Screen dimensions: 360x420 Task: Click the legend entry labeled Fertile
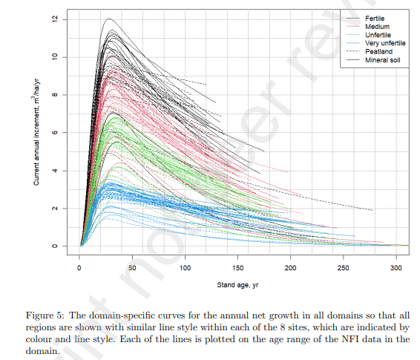[x=375, y=17]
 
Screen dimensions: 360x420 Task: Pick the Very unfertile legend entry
[x=384, y=44]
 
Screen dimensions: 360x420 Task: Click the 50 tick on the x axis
[x=132, y=266]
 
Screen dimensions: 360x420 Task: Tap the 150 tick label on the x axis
[x=238, y=266]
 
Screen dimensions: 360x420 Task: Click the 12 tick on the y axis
[x=55, y=19]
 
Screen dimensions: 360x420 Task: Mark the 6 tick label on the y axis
[x=55, y=133]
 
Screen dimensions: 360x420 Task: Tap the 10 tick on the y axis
[x=55, y=57]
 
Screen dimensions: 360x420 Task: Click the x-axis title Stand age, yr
[x=237, y=284]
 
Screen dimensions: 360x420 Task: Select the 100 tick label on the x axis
[x=186, y=266]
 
